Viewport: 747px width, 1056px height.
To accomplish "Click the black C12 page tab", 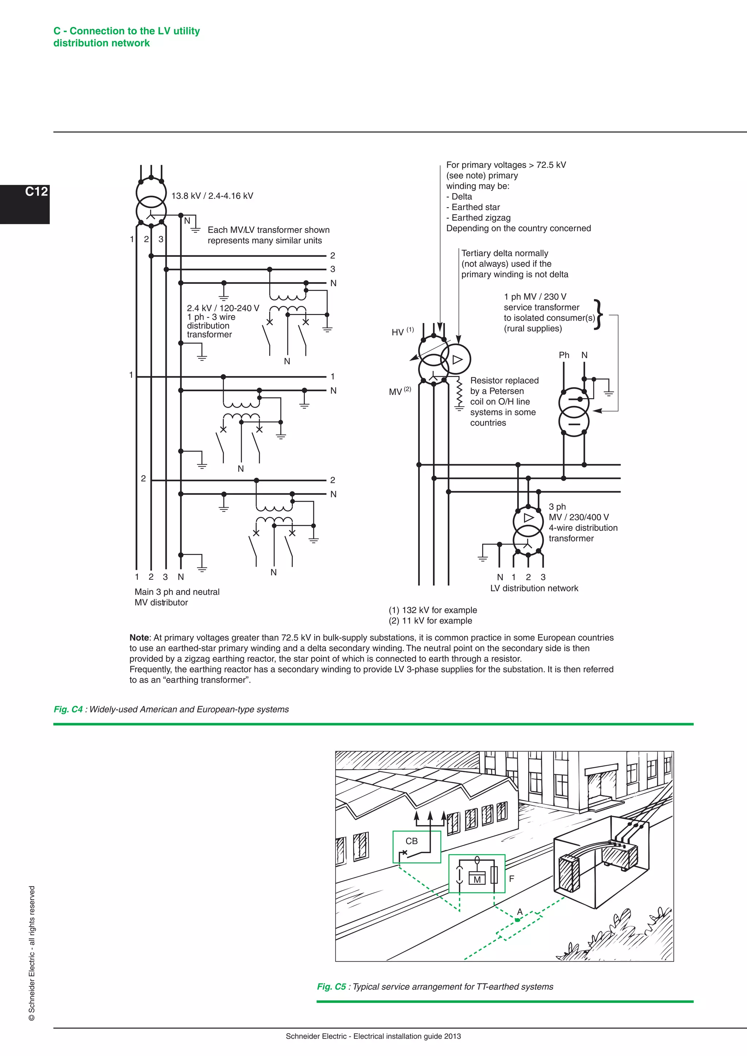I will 25,204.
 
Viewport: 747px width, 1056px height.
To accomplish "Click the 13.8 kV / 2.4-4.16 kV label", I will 212,196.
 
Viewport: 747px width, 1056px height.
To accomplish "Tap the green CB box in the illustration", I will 416,847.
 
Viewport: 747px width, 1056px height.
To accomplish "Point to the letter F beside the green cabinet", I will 511,878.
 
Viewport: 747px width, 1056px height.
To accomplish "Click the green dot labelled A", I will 518,920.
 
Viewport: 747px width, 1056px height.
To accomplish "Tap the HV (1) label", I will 402,331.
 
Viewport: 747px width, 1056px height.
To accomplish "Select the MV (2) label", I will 400,391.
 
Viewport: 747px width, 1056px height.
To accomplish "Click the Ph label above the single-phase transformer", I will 564,355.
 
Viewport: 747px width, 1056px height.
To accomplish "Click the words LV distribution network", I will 534,588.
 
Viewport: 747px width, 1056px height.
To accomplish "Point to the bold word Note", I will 139,637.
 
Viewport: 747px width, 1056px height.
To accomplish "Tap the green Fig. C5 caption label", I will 331,987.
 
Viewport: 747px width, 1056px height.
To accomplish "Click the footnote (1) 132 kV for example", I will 433,610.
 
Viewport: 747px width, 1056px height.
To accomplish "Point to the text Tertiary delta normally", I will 504,253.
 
